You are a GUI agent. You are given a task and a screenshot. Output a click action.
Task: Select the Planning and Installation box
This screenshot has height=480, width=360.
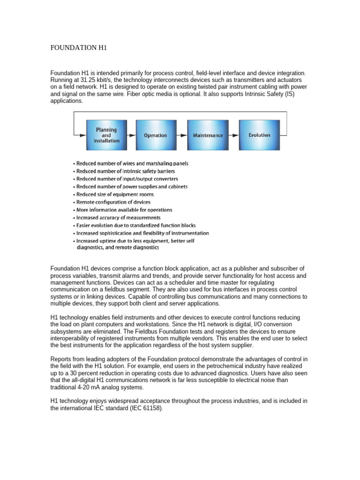pyautogui.click(x=106, y=135)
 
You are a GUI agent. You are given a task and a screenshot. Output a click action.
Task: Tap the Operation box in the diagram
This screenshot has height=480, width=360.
pyautogui.click(x=155, y=135)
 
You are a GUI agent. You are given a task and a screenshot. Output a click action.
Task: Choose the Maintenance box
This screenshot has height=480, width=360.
pyautogui.click(x=207, y=135)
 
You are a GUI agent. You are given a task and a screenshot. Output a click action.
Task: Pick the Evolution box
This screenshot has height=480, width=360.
pyautogui.click(x=259, y=135)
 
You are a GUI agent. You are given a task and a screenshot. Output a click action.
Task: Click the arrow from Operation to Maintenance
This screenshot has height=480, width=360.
pyautogui.click(x=181, y=135)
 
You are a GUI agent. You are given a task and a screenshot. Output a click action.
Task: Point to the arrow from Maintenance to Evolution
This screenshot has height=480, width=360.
pyautogui.click(x=233, y=135)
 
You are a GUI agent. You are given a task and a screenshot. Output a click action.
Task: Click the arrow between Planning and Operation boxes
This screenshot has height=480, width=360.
pyautogui.click(x=131, y=135)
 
